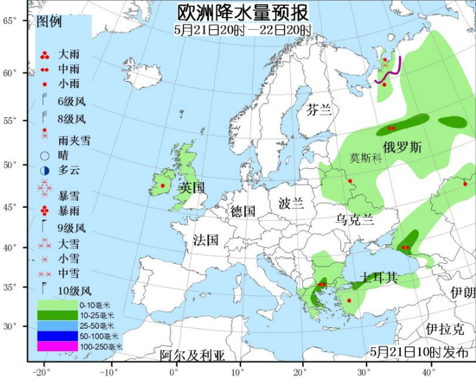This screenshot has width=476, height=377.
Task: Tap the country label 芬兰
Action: coord(319,109)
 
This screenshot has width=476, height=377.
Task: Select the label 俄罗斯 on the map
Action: coord(402,147)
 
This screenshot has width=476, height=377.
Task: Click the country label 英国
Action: coord(192,188)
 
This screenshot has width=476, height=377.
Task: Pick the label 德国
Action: coord(244,211)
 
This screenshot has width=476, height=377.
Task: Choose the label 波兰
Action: coord(291,203)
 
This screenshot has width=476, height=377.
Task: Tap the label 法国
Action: coord(206,240)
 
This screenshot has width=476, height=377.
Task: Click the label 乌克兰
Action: coord(354,220)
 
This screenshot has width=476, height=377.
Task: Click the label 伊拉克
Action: coord(445,329)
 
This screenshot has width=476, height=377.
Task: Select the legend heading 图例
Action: coord(49,21)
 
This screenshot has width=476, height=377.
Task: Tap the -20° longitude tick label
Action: coord(42,371)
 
